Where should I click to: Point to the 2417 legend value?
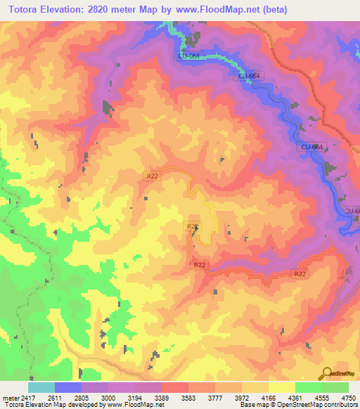pyautogui.click(x=21, y=397)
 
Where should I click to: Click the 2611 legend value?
pyautogui.click(x=49, y=397)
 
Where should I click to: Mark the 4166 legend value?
pyautogui.click(x=269, y=397)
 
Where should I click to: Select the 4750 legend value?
pyautogui.click(x=349, y=397)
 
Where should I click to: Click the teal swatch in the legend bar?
pyautogui.click(x=41, y=387)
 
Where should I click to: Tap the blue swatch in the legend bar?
pyautogui.click(x=68, y=387)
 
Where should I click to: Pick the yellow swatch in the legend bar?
pyautogui.click(x=281, y=387)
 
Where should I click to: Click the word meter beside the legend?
pyautogui.click(x=6, y=397)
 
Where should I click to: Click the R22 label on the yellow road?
pyautogui.click(x=191, y=226)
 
